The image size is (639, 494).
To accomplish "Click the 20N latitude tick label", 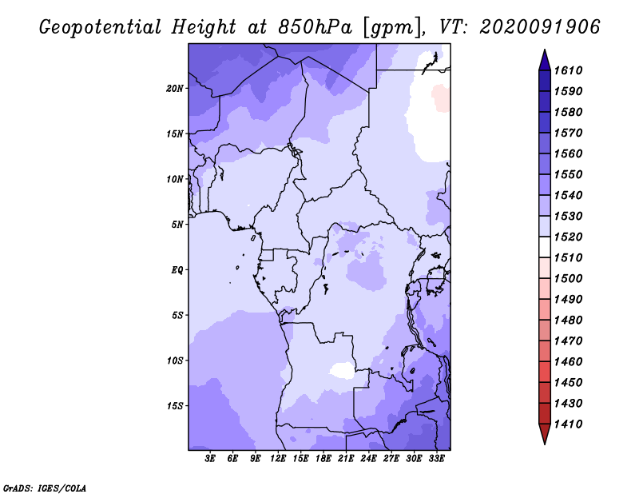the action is pos(175,88).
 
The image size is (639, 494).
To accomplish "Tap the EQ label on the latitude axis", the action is pos(177,269).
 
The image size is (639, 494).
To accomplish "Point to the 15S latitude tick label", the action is pos(175,406).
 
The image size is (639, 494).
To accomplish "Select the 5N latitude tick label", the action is pos(177,225).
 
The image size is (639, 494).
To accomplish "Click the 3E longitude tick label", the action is pos(210,459).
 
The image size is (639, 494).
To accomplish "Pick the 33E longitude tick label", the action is pos(436,459).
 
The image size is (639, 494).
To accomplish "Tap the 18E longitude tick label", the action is pos(323,459).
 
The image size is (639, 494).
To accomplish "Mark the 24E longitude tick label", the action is pos(368,459).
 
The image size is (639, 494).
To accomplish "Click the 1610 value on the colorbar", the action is pos(568,70).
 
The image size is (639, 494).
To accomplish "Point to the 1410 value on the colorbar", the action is pos(568,424).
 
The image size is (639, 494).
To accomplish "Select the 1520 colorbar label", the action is pos(568,237).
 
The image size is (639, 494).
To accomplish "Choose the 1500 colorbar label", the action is pos(568,279).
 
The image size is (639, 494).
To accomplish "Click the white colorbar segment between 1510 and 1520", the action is pos(545,247).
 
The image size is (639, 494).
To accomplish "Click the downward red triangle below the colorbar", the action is pos(545,433).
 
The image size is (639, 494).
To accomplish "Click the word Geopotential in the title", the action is pos(101,27).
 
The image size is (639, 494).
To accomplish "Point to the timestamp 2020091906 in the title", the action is pos(540,27).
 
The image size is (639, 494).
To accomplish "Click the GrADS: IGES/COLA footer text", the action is pos(45,488).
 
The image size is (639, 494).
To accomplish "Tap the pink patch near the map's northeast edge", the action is pos(441,98).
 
